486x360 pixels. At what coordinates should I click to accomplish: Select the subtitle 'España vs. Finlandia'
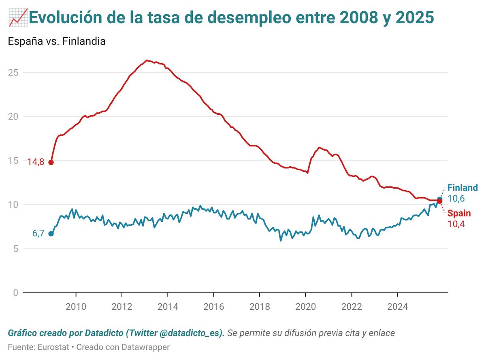click(57, 41)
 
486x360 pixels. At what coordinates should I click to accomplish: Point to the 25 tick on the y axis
click(13, 73)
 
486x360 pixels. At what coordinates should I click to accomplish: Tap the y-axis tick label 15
click(13, 161)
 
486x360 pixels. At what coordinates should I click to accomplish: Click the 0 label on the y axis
click(15, 293)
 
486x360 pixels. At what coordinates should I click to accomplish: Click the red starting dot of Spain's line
click(51, 162)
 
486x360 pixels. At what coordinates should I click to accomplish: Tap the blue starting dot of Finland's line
click(51, 234)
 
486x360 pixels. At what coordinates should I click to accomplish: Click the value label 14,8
click(35, 162)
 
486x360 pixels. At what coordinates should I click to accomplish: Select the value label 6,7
click(38, 234)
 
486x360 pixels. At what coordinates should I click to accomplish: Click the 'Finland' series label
click(463, 188)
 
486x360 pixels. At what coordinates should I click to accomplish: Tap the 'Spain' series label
click(459, 213)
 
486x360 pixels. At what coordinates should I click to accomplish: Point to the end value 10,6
click(456, 199)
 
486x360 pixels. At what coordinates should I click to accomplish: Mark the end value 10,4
click(456, 223)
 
